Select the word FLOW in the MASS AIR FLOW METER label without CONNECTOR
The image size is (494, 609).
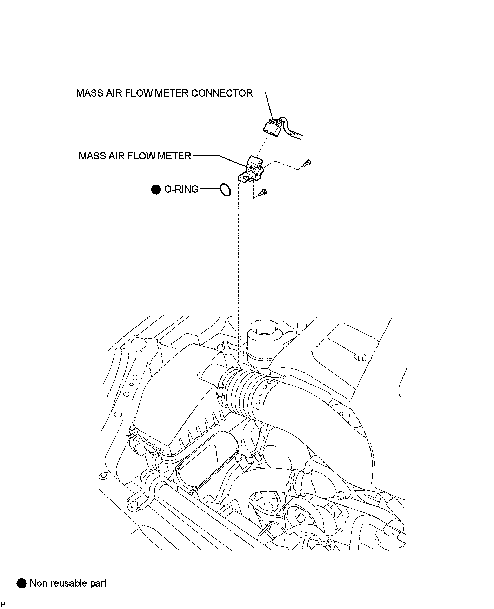(138, 156)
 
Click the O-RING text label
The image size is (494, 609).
(181, 190)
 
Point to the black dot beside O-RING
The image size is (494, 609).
(155, 190)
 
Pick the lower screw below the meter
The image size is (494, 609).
(263, 192)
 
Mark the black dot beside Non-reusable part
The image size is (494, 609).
(22, 583)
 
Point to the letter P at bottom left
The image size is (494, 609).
(3, 604)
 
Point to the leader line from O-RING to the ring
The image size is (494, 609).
(209, 189)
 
